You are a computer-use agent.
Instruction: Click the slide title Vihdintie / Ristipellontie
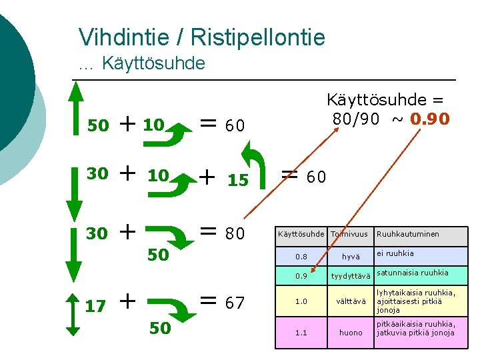[201, 37]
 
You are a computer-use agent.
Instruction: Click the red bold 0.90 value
[430, 119]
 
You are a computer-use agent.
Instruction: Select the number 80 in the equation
[234, 234]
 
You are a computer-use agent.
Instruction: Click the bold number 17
[96, 306]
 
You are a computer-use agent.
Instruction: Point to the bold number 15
[237, 181]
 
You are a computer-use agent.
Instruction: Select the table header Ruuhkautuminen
[408, 235]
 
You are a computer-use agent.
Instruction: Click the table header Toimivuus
[351, 235]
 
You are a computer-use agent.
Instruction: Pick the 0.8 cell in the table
[301, 257]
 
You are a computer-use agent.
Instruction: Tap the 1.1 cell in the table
[301, 332]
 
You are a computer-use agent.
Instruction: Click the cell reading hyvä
[351, 257]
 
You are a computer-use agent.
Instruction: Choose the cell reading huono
[351, 332]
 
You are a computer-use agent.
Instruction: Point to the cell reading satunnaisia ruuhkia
[413, 273]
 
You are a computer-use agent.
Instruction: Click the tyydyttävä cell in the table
[351, 276]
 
